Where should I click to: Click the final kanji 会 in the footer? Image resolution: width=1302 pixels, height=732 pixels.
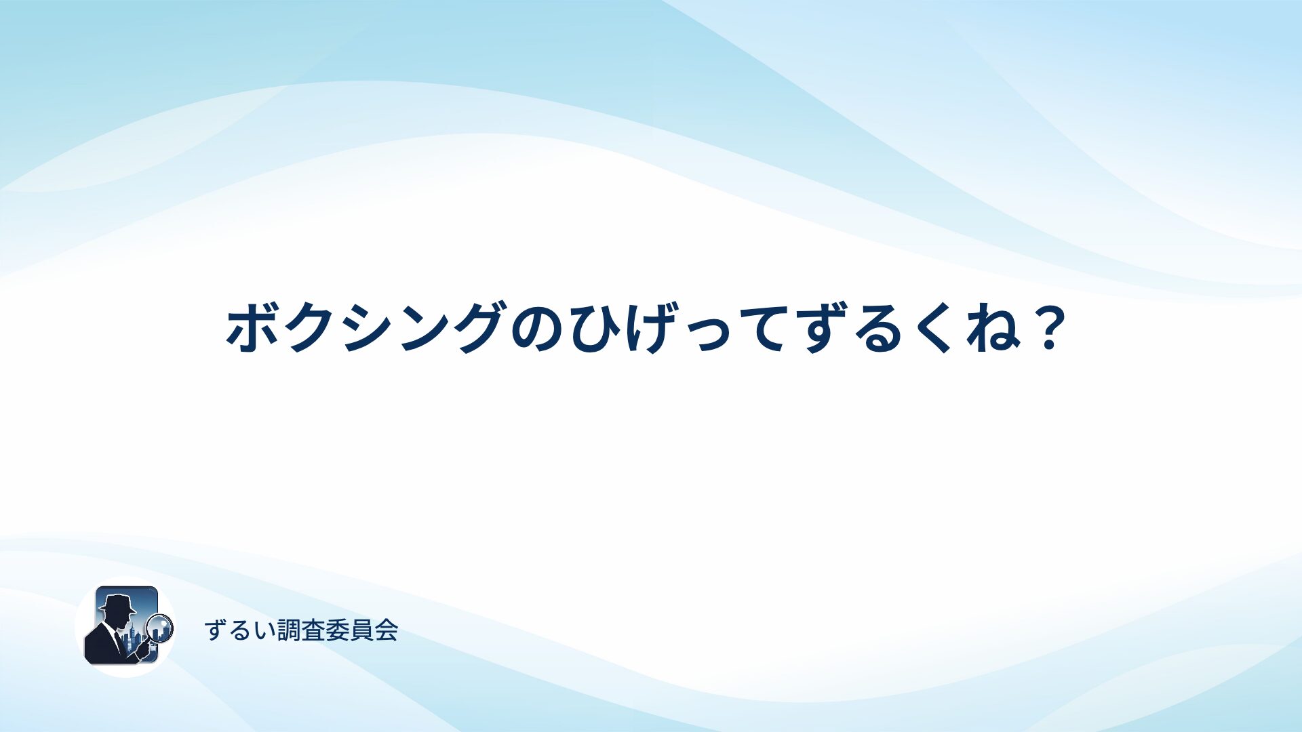pos(386,630)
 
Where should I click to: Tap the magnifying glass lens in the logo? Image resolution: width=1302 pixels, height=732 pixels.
pos(161,628)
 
